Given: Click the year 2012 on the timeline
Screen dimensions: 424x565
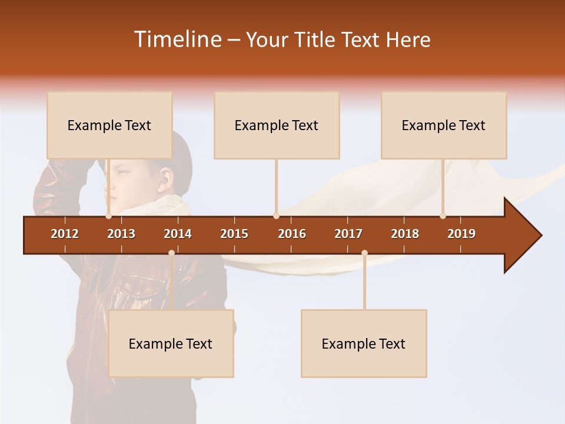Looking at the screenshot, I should click(65, 234).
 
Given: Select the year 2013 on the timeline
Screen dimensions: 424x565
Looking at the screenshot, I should click(121, 234).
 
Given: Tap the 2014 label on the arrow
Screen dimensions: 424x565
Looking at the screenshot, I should click(178, 234).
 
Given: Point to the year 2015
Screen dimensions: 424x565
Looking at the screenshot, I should click(234, 234).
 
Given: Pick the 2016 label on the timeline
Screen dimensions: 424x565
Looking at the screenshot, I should click(292, 234).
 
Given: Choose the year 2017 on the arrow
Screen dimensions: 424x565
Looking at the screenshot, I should click(348, 234).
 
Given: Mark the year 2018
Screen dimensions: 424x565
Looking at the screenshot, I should click(405, 234).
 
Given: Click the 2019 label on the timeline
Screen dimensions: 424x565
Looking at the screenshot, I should click(461, 234).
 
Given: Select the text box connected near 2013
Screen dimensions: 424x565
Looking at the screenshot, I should click(109, 125).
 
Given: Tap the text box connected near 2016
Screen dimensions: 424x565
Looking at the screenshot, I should click(277, 125).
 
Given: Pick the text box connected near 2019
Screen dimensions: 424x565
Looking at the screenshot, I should click(444, 125).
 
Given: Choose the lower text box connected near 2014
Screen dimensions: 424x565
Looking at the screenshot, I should click(171, 344).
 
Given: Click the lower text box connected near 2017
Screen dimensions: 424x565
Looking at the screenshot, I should click(364, 344).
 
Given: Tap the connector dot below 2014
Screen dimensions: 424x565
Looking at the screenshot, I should click(171, 253).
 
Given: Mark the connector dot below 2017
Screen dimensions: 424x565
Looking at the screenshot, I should click(364, 253).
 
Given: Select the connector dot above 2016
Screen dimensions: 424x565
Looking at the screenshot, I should click(276, 216).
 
